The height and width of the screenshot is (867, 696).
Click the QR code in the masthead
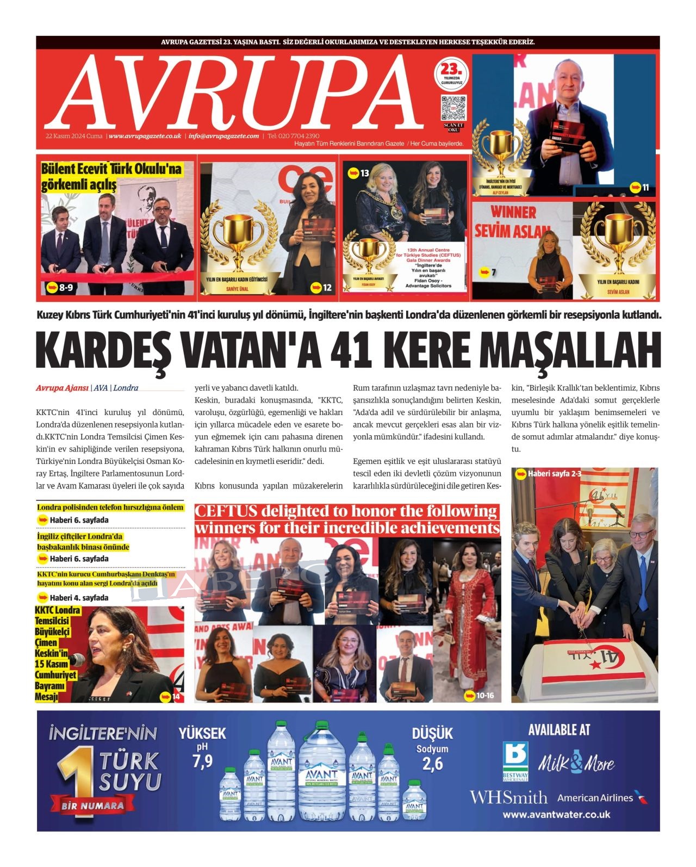(x=453, y=108)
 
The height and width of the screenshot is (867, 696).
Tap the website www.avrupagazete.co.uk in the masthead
(x=145, y=136)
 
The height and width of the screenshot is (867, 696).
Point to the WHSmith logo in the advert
(x=508, y=797)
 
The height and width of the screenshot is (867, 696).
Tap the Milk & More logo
(x=576, y=763)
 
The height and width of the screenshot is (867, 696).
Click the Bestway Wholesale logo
(x=515, y=760)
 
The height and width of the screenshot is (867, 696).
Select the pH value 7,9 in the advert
(x=202, y=761)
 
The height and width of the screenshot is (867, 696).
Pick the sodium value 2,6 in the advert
(x=432, y=764)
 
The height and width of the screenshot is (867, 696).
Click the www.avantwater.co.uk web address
(x=556, y=815)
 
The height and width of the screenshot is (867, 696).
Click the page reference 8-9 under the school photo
(x=66, y=287)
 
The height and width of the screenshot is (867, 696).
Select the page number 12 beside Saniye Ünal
(x=327, y=287)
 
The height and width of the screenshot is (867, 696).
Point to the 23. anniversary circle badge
(x=451, y=75)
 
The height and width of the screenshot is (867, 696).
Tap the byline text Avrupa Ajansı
(x=62, y=388)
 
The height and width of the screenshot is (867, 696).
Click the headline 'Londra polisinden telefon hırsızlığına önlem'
(x=110, y=507)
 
